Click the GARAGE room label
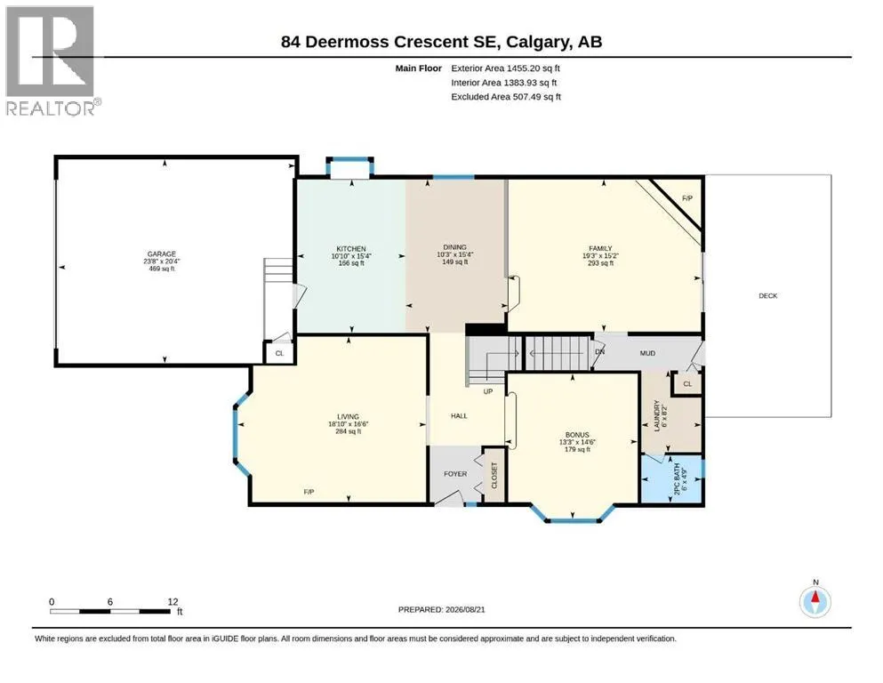[162, 254]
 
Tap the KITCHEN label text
[351, 249]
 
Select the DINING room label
[454, 247]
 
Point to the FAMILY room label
[600, 248]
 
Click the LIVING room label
[348, 417]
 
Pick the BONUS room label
[577, 435]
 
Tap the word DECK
[767, 295]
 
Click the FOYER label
[455, 474]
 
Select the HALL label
[459, 416]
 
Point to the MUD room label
[647, 353]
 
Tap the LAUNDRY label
[656, 416]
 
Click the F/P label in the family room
[687, 198]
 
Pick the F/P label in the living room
[309, 492]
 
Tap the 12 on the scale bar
[173, 602]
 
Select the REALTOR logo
[52, 60]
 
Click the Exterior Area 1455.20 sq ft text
[505, 68]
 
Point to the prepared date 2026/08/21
[465, 609]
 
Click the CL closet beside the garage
[279, 354]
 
